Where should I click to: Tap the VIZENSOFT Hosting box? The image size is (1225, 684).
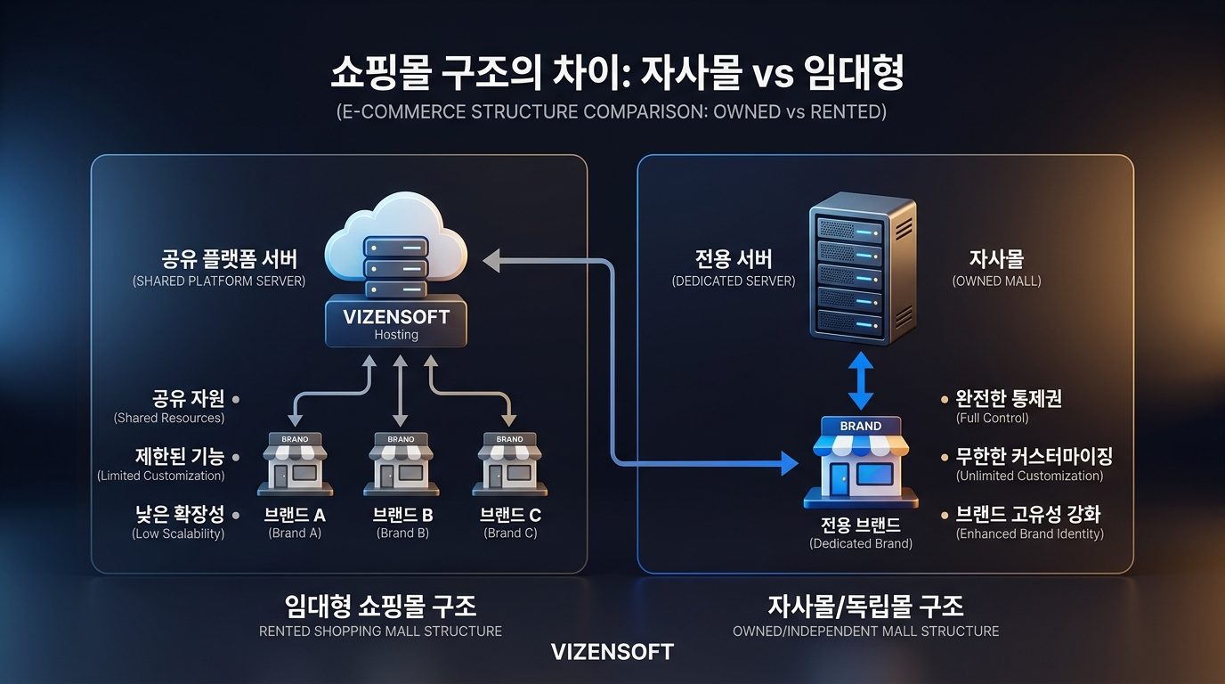396,323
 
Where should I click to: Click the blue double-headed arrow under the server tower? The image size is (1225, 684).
861,381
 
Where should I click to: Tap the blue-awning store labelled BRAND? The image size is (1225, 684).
861,461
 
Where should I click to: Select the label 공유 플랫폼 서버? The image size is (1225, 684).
230,259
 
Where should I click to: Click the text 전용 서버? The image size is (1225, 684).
734,259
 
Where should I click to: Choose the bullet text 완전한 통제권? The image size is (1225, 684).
1009,398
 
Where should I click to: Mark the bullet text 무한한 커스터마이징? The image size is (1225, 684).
1034,456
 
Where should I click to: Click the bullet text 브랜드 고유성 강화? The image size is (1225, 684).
1028,514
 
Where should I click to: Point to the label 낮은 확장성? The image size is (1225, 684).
179,514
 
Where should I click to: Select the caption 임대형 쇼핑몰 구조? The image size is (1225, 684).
380,607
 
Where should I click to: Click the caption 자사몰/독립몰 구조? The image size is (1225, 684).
865,607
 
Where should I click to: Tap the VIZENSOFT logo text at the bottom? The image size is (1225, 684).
612,652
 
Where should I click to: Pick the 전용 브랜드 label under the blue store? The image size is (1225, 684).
861,524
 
